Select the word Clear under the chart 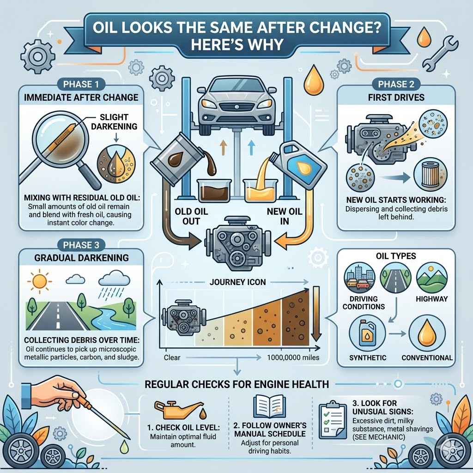[x=171, y=357]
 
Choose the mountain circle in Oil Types [x=432, y=278]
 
